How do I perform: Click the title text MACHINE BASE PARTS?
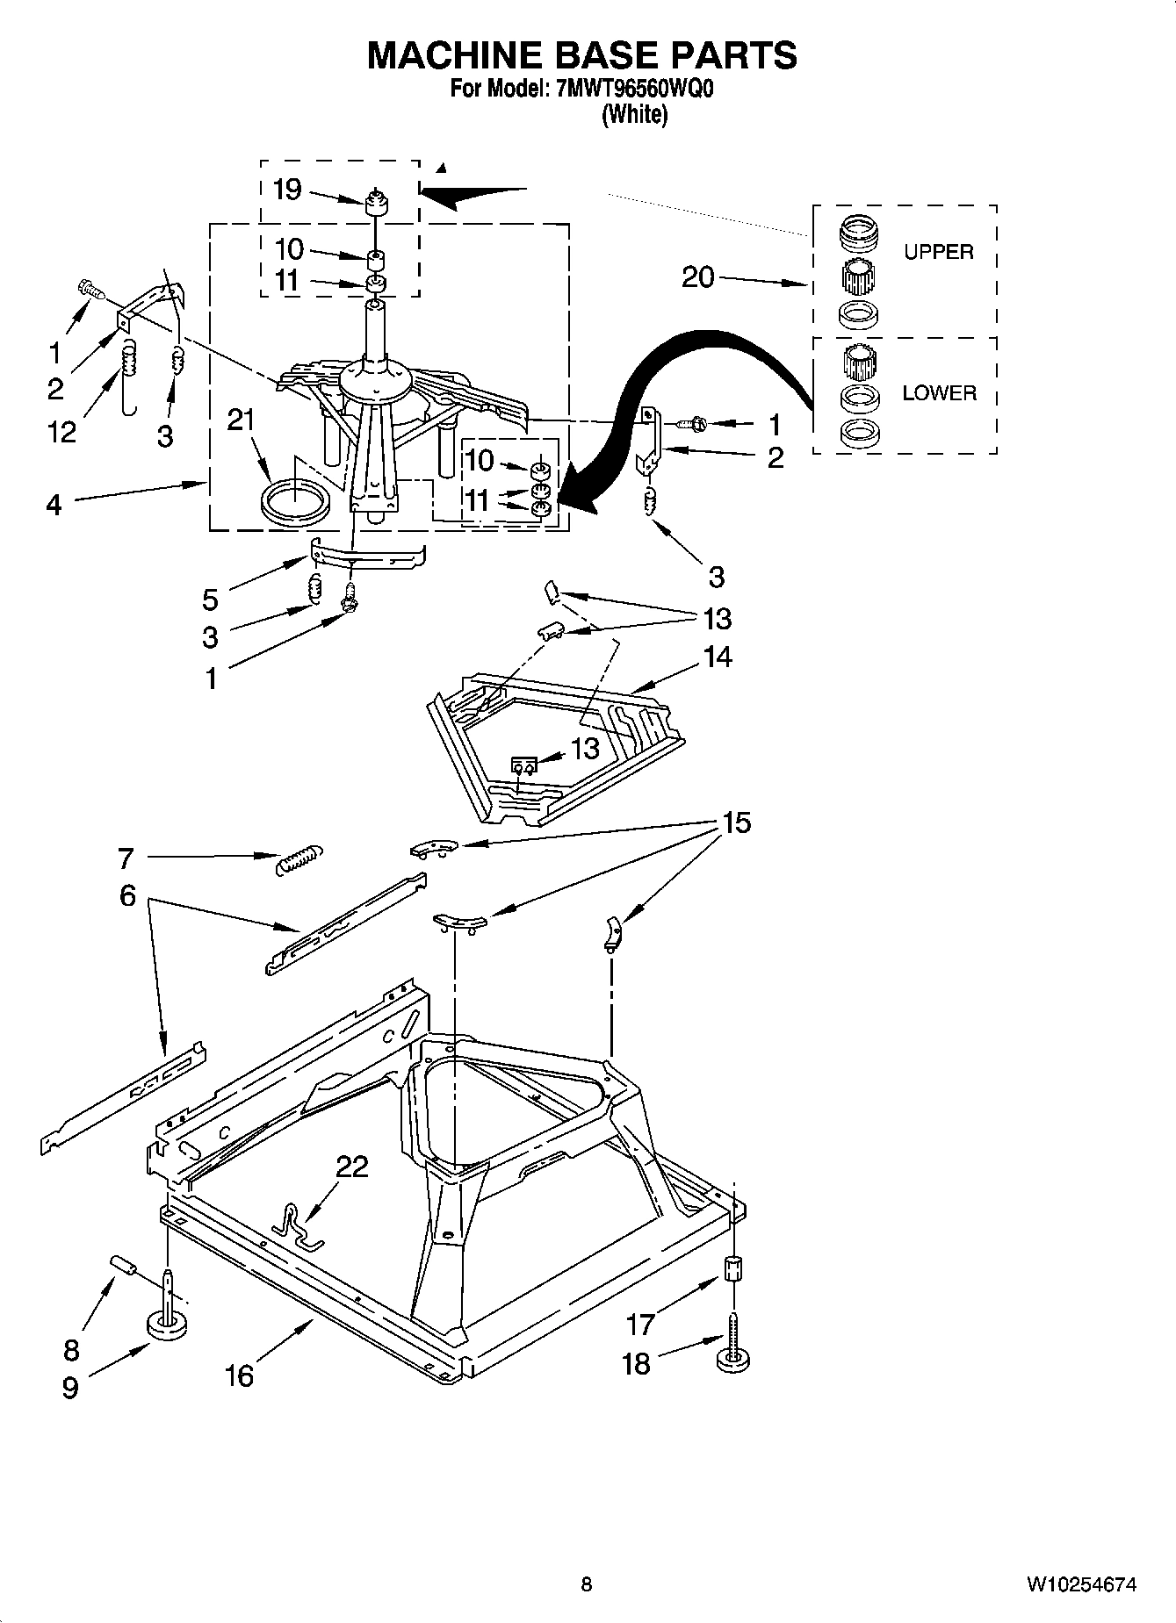click(x=581, y=54)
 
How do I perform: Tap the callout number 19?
click(x=287, y=190)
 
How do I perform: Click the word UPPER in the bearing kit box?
click(x=938, y=252)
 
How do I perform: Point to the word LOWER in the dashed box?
click(x=939, y=393)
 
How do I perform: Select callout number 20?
click(x=698, y=277)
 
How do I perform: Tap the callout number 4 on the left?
click(x=54, y=506)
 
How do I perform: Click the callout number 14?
click(x=718, y=657)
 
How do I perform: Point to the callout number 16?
click(x=238, y=1375)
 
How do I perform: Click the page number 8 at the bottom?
click(x=587, y=1584)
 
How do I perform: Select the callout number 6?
click(x=128, y=895)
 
